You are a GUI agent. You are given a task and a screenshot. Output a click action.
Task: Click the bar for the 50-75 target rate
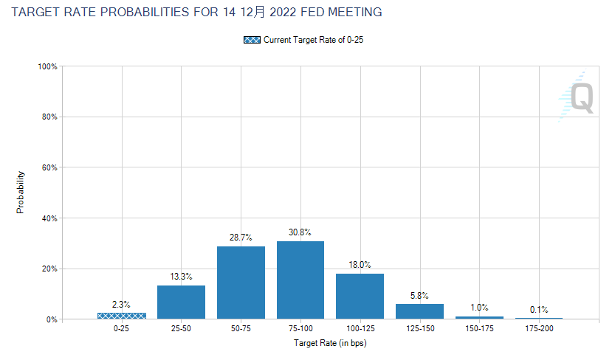[x=241, y=283]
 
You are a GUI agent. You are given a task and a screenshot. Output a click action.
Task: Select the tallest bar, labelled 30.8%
[x=300, y=280]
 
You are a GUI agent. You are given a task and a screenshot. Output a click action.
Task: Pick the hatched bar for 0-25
[x=122, y=316]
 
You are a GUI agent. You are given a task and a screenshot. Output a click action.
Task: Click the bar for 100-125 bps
[x=360, y=296]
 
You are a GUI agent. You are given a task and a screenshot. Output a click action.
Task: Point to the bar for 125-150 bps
[x=419, y=311]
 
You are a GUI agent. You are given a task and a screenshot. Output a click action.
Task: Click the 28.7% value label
[x=241, y=238]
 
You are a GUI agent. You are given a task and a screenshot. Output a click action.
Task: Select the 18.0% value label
[x=360, y=265]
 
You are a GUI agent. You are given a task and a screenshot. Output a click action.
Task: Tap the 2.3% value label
[x=122, y=304]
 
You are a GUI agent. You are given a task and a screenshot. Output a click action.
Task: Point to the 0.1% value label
[x=539, y=310]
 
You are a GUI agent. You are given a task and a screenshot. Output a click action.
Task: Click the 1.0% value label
[x=479, y=308]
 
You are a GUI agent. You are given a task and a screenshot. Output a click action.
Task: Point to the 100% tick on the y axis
[x=49, y=66]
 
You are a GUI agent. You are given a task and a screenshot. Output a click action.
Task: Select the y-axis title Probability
[x=21, y=193]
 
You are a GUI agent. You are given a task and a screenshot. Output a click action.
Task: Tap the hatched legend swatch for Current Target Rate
[x=251, y=40]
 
